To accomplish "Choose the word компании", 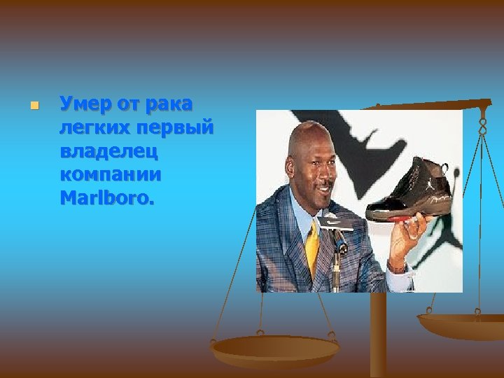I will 111,174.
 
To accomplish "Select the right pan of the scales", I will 461,324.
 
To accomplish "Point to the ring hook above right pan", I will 482,126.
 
